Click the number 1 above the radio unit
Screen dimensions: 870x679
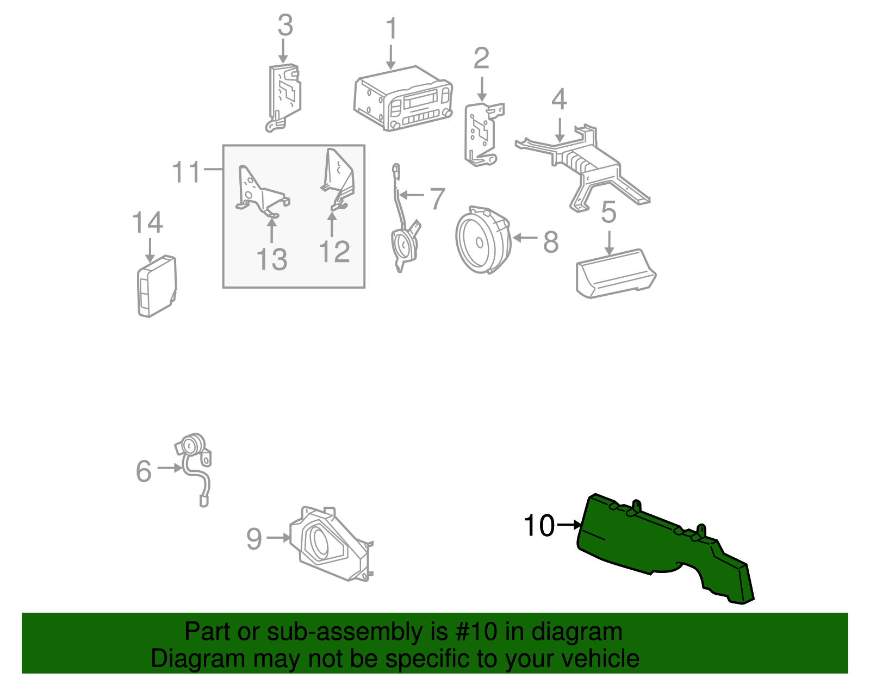391,28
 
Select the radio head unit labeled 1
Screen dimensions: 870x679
403,98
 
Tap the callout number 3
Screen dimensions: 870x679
285,25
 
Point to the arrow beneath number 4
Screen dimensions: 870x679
560,129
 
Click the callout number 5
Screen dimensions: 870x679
608,212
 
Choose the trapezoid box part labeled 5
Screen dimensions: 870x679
616,273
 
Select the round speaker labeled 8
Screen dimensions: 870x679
483,240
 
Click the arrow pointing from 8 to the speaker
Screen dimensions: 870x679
525,238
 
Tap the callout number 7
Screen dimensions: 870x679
437,199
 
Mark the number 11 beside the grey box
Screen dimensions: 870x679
186,172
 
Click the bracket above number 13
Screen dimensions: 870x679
263,191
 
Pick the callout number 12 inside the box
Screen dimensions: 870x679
335,252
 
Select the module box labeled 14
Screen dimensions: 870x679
157,286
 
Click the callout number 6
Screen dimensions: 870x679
144,471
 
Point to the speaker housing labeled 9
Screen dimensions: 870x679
331,544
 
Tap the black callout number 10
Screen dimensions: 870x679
539,525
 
